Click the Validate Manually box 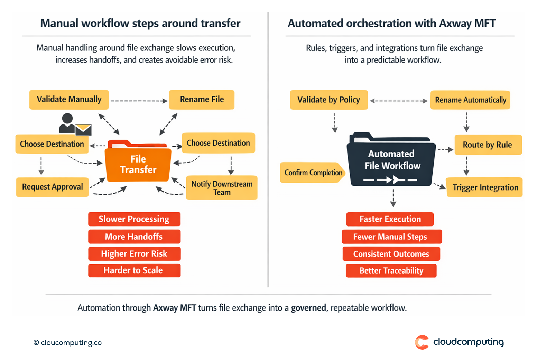click(69, 100)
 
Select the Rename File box click(202, 100)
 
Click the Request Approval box click(52, 187)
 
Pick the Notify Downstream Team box click(222, 188)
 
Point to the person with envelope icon click(74, 124)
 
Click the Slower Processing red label click(134, 219)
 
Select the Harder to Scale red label click(134, 270)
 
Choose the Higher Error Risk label click(134, 254)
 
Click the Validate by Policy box click(328, 100)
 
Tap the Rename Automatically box click(470, 100)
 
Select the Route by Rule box click(488, 145)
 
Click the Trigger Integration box click(485, 187)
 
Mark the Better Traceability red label click(391, 271)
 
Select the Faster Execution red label click(390, 219)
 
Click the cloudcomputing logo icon click(422, 342)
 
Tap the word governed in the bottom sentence click(308, 308)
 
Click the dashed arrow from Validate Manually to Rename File click(139, 101)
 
